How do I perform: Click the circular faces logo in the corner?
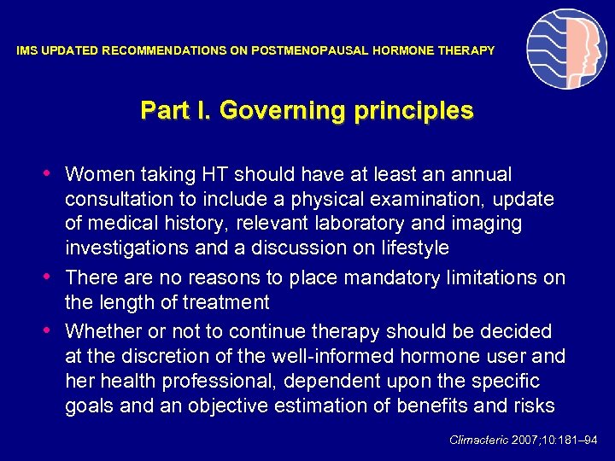pyautogui.click(x=566, y=50)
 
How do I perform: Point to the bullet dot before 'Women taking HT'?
pyautogui.click(x=53, y=174)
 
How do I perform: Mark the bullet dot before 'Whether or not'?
pyautogui.click(x=53, y=330)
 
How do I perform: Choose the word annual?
pyautogui.click(x=481, y=175)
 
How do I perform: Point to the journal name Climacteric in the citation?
pyautogui.click(x=478, y=441)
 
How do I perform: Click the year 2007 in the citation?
pyautogui.click(x=525, y=441)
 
